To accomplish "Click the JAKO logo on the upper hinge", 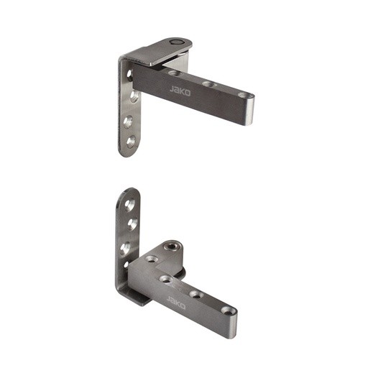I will (x=179, y=90).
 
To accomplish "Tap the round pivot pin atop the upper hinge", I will (x=175, y=44).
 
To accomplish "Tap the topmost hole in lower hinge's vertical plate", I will (x=129, y=206).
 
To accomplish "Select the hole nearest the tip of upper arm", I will (x=245, y=94).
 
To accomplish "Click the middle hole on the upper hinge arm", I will (x=208, y=84).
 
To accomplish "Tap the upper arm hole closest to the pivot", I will (x=174, y=73).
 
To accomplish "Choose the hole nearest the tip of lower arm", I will (x=229, y=311).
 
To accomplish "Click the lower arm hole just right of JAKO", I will (x=195, y=295).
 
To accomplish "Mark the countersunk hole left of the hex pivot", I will (x=152, y=258).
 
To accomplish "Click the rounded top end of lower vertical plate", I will (x=129, y=192).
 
